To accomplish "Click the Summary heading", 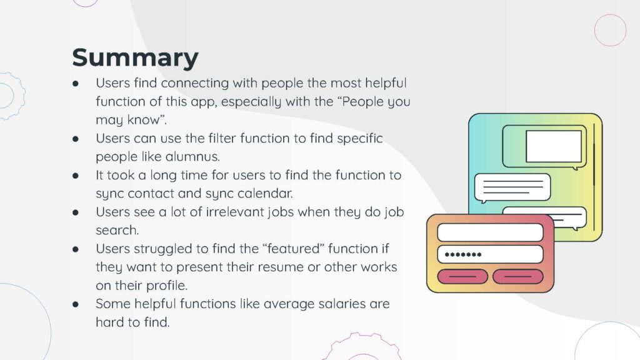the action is pyautogui.click(x=135, y=58).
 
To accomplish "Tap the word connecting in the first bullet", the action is pyautogui.click(x=195, y=83).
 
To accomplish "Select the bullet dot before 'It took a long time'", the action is pyautogui.click(x=76, y=176).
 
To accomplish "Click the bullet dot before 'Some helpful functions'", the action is pyautogui.click(x=76, y=304).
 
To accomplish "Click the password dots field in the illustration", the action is pyautogui.click(x=490, y=255).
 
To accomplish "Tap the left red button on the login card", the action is pyautogui.click(x=462, y=277).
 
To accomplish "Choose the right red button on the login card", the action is pyautogui.click(x=518, y=277).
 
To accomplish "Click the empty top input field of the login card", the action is pyautogui.click(x=490, y=232).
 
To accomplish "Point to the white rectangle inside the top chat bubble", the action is pyautogui.click(x=554, y=146).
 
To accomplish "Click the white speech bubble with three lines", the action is pyautogui.click(x=512, y=187).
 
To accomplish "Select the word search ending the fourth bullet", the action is pyautogui.click(x=117, y=230).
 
